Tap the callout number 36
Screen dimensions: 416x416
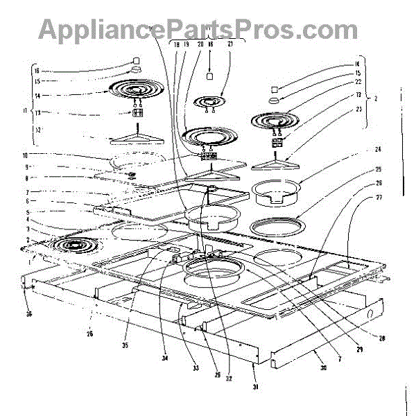[29, 294]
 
